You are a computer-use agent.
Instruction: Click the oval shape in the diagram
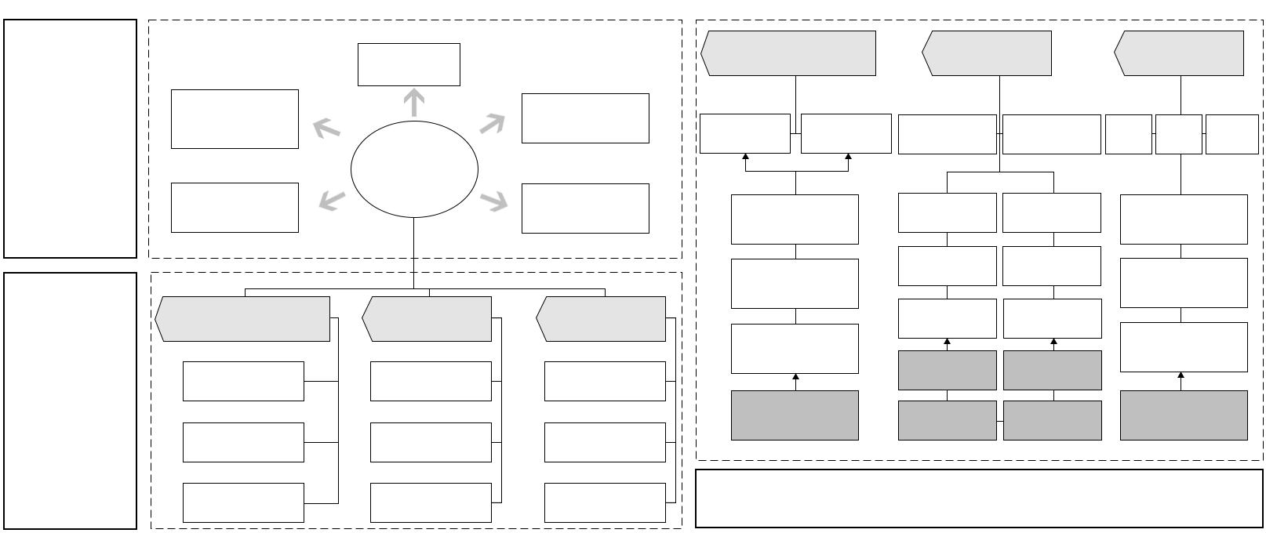pos(414,169)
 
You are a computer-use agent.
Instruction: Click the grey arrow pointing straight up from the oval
pos(413,103)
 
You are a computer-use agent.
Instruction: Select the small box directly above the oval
pos(409,64)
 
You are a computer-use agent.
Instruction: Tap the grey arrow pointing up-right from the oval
pos(492,123)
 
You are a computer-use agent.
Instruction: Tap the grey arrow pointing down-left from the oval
pos(332,201)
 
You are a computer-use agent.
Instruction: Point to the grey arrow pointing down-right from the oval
pos(493,201)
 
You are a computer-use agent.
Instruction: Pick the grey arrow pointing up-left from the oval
pos(326,128)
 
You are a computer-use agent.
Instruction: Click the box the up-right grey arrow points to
pos(585,118)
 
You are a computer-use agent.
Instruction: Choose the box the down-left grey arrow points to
pos(235,208)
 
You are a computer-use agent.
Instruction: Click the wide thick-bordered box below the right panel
pos(978,499)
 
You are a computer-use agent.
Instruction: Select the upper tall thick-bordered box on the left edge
pos(71,139)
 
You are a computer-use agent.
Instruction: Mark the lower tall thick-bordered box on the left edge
pos(71,401)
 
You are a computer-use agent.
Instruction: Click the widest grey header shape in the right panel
pos(788,53)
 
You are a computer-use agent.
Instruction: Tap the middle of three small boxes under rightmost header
pos(1178,134)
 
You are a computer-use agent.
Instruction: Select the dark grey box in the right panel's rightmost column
pos(1184,415)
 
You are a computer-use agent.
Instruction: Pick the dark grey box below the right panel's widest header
pos(795,415)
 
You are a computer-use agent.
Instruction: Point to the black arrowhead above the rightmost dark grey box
pos(1181,376)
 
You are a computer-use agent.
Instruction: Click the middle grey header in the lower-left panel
pos(427,319)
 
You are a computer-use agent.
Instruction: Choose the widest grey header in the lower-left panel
pos(243,319)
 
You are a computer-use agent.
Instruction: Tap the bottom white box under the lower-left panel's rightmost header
pos(605,502)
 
